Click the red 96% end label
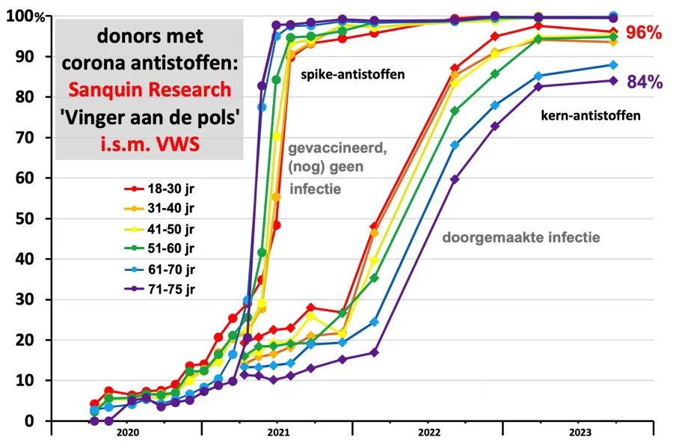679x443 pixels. click(644, 32)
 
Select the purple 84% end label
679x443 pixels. click(645, 82)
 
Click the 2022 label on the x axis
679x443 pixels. click(428, 432)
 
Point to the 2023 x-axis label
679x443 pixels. click(578, 432)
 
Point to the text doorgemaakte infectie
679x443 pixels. click(522, 238)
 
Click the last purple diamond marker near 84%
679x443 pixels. click(613, 81)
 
